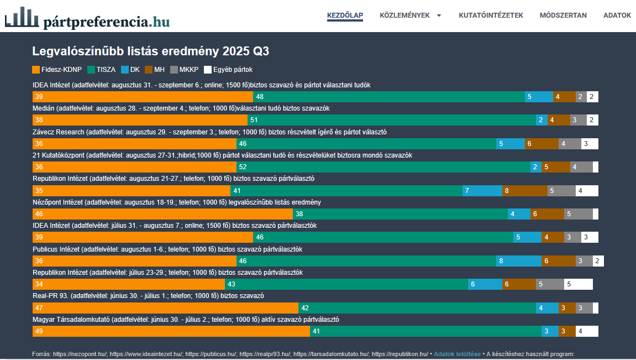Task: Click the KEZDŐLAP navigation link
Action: click(x=345, y=15)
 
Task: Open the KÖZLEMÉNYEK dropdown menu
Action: click(x=411, y=15)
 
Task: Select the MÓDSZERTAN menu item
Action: click(x=563, y=15)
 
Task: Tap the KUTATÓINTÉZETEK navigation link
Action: click(x=491, y=15)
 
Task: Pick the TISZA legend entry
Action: click(x=102, y=70)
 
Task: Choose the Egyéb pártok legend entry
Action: click(x=228, y=70)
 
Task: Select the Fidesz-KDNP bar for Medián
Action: click(x=140, y=120)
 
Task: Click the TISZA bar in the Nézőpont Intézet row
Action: click(x=400, y=214)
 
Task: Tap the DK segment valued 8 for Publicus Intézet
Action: click(x=518, y=261)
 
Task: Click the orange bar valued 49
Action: click(x=171, y=331)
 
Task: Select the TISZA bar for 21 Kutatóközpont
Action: click(x=383, y=167)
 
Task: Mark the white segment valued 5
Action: click(x=578, y=284)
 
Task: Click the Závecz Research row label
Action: click(x=209, y=132)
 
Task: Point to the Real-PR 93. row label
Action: click(x=148, y=296)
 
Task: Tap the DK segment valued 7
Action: click(x=482, y=191)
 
